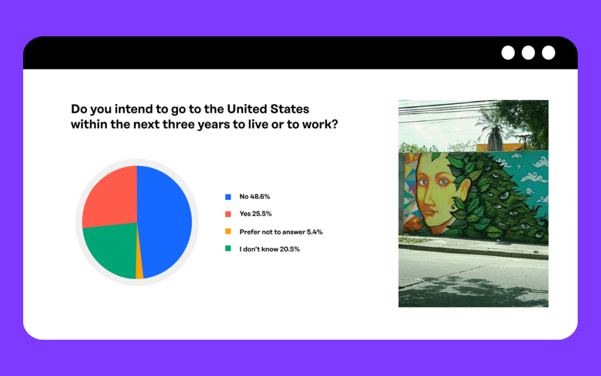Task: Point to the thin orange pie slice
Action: tap(140, 269)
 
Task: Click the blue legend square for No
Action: tap(228, 197)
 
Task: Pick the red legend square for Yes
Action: tap(228, 214)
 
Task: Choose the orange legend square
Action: tap(228, 231)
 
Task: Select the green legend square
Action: tap(228, 249)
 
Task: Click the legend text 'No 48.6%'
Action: tap(255, 196)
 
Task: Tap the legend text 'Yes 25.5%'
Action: tap(255, 214)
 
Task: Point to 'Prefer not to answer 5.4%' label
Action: tap(281, 232)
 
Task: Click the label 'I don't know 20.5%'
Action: tap(269, 249)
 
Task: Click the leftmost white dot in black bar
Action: tap(508, 53)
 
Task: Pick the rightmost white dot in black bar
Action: tap(548, 53)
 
